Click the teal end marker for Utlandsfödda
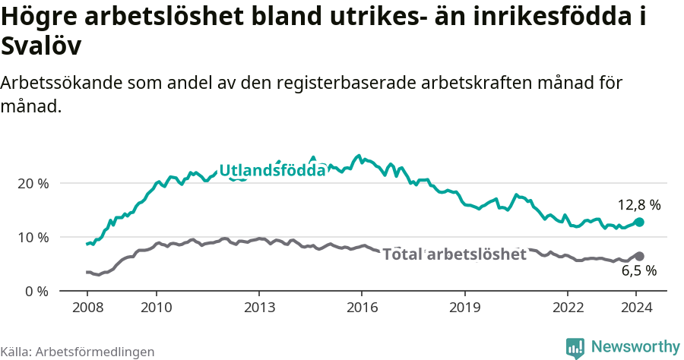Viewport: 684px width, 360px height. pos(639,222)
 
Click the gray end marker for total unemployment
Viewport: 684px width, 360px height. pos(639,257)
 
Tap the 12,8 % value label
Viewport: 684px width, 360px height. pos(638,205)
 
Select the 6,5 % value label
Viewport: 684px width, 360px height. pos(638,270)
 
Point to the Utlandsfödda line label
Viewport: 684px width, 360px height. pos(272,171)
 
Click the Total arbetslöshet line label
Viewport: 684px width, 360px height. pos(454,254)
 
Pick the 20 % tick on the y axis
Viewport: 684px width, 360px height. pos(33,184)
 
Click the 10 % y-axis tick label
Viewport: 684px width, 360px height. pos(33,238)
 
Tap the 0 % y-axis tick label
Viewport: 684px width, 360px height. pos(36,291)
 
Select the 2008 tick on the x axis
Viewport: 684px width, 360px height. pos(87,307)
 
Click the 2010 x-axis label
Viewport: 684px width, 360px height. pos(157,307)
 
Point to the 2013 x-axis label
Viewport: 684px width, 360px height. pos(259,307)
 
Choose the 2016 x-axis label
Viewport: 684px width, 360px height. pos(362,307)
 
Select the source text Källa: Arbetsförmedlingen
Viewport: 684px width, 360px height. pos(78,352)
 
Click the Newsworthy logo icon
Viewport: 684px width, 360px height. pos(575,348)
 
